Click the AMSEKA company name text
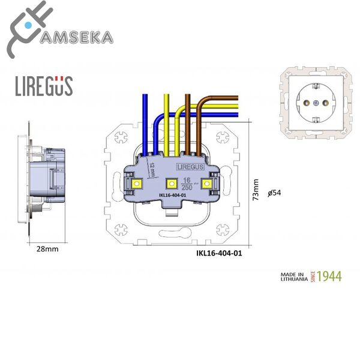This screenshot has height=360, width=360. [x=75, y=38]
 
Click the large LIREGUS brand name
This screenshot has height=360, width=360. [x=43, y=86]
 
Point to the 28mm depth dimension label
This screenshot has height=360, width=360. [x=47, y=248]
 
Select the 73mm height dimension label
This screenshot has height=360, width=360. [x=256, y=190]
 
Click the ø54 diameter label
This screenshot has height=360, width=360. [x=275, y=193]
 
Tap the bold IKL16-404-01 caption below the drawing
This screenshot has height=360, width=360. [x=219, y=253]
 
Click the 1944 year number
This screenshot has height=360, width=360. [x=329, y=277]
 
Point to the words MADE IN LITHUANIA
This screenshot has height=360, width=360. [x=294, y=277]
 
